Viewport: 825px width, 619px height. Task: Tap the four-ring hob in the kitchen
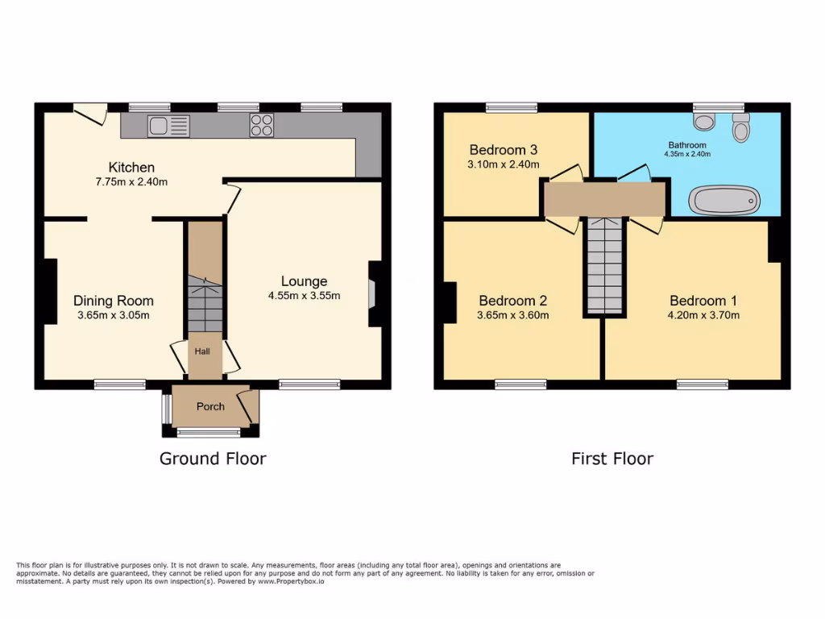(261, 125)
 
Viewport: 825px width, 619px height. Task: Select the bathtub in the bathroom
(724, 200)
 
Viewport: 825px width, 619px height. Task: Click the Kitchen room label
(131, 168)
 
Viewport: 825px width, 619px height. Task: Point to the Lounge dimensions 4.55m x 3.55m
(304, 295)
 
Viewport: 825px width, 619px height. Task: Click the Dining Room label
(113, 301)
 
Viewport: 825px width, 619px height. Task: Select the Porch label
(210, 406)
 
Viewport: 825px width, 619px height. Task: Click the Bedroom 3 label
(504, 150)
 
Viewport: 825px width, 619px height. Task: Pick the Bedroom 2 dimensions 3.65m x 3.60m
(513, 315)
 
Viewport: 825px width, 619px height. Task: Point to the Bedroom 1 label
(703, 301)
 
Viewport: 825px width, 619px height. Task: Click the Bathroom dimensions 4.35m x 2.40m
(687, 154)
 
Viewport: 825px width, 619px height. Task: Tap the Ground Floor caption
(213, 459)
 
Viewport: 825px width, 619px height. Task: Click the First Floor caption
(612, 459)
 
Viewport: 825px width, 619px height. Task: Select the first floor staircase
(604, 266)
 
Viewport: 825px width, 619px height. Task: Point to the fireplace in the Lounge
(371, 293)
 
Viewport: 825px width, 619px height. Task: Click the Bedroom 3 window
(512, 106)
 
